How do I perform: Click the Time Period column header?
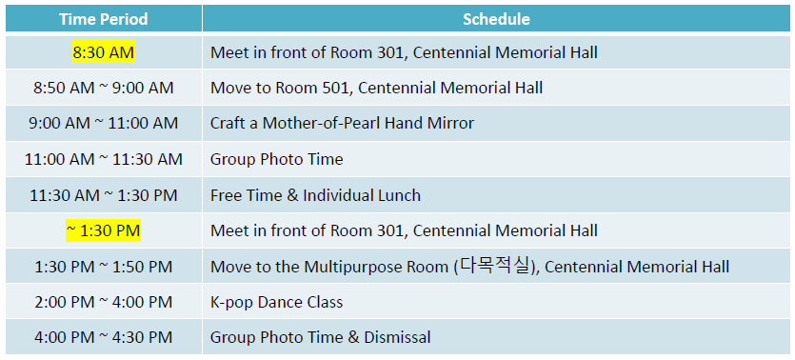[103, 19]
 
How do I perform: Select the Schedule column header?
[496, 19]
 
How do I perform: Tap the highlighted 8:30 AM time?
[103, 52]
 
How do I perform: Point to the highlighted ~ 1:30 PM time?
[103, 230]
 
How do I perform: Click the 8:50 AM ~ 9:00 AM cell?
[103, 88]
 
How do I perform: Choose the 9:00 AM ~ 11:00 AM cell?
[103, 123]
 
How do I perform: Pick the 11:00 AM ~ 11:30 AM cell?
[103, 159]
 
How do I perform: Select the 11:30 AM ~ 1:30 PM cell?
[103, 195]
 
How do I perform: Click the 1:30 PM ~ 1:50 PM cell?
[103, 267]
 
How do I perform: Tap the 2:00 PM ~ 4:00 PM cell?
[103, 302]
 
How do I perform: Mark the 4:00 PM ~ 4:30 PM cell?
[103, 337]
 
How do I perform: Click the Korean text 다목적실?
[493, 266]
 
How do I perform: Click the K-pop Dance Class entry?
[276, 302]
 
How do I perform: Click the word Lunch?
[400, 195]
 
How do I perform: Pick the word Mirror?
[449, 123]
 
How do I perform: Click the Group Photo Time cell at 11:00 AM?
[276, 159]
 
